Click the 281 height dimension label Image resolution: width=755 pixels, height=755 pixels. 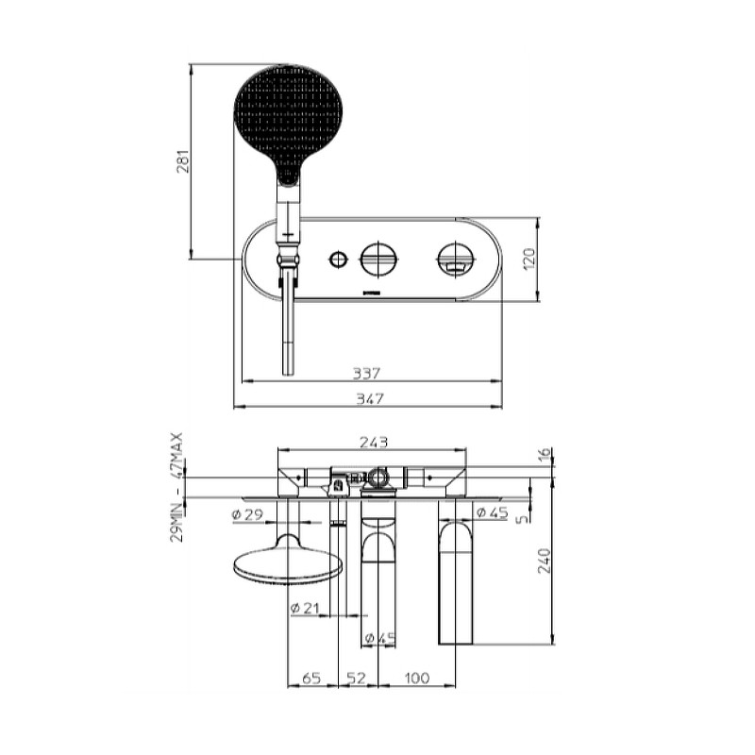[183, 160]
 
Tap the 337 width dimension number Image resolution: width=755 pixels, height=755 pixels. [366, 373]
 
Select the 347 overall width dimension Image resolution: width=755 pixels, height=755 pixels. [369, 398]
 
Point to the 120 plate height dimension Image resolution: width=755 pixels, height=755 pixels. [528, 259]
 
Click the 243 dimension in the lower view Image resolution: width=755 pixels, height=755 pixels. [374, 442]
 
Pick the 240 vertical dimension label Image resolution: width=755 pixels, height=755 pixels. [545, 560]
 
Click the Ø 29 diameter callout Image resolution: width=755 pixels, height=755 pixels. [247, 514]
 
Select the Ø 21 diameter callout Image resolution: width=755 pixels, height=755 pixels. [305, 608]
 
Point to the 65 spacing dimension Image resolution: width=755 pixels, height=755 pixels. [311, 678]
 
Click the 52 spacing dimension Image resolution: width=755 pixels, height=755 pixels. [357, 678]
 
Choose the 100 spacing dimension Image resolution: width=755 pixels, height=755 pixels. [416, 678]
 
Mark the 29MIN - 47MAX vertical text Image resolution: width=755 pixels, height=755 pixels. [176, 487]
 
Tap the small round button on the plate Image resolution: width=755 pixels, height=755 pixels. [338, 259]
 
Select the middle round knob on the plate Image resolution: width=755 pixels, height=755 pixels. [379, 259]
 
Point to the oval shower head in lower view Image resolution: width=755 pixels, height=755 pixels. [288, 561]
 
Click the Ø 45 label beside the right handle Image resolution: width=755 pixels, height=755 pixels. [492, 512]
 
